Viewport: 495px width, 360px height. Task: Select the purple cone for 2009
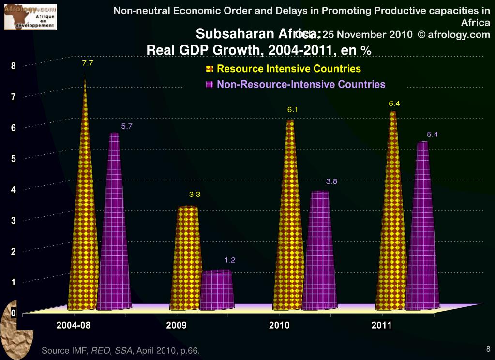(217, 290)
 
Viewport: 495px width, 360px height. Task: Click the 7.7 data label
(88, 63)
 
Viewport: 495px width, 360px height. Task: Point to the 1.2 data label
(230, 260)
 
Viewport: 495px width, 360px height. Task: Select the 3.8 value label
(331, 181)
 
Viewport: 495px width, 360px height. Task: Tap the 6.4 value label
(394, 103)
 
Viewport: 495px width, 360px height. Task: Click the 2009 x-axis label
(176, 325)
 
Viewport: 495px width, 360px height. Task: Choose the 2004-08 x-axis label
(74, 325)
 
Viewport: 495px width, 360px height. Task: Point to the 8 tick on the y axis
(14, 66)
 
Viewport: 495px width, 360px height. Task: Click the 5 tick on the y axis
(14, 159)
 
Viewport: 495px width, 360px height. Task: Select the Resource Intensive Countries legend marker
(210, 69)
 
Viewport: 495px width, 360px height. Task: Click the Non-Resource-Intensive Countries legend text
(301, 84)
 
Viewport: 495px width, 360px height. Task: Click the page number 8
(488, 349)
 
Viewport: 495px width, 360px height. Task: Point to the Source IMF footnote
(120, 350)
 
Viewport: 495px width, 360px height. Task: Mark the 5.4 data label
(432, 135)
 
